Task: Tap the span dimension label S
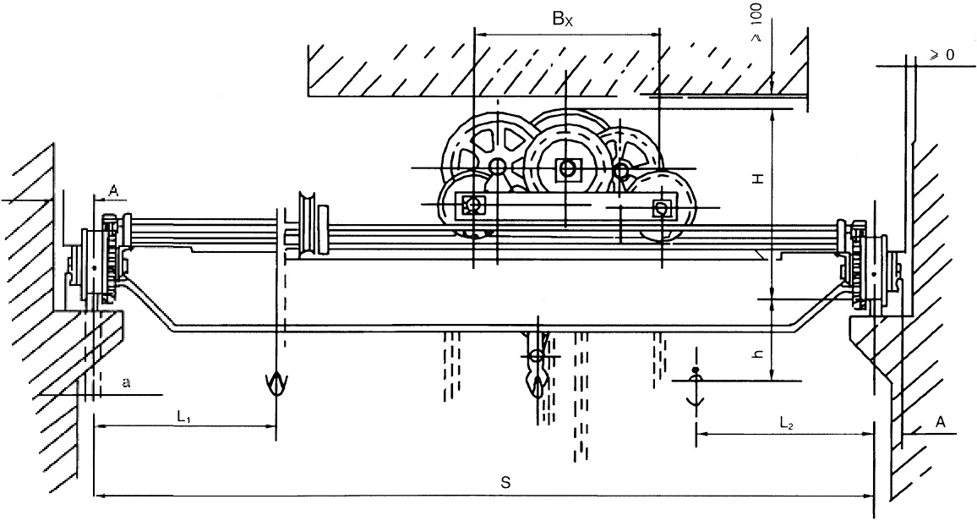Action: click(505, 483)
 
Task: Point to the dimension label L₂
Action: click(785, 421)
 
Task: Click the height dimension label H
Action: click(759, 179)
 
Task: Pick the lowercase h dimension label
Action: click(759, 354)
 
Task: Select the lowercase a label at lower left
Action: click(127, 383)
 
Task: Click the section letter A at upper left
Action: click(112, 191)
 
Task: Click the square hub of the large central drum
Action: click(565, 169)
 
